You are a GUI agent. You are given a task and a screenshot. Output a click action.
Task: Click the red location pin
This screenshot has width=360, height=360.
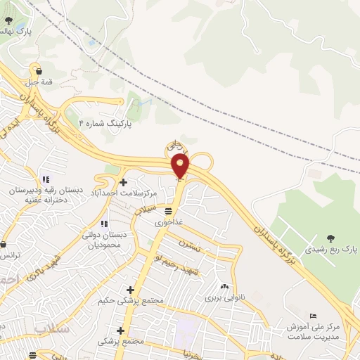point(181,166)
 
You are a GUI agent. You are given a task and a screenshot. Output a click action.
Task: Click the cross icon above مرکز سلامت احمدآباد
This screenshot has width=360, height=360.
point(123,183)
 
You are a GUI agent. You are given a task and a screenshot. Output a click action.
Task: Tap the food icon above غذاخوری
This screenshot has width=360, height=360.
point(168,210)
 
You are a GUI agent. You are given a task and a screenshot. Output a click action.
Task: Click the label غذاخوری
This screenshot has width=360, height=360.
point(169,221)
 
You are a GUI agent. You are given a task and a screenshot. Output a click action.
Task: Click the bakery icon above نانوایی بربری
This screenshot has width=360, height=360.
point(224,286)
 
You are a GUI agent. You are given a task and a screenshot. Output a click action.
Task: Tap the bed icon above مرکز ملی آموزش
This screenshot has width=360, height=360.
point(313,316)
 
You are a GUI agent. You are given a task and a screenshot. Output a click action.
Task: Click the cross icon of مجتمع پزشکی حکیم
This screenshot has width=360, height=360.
point(129,290)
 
